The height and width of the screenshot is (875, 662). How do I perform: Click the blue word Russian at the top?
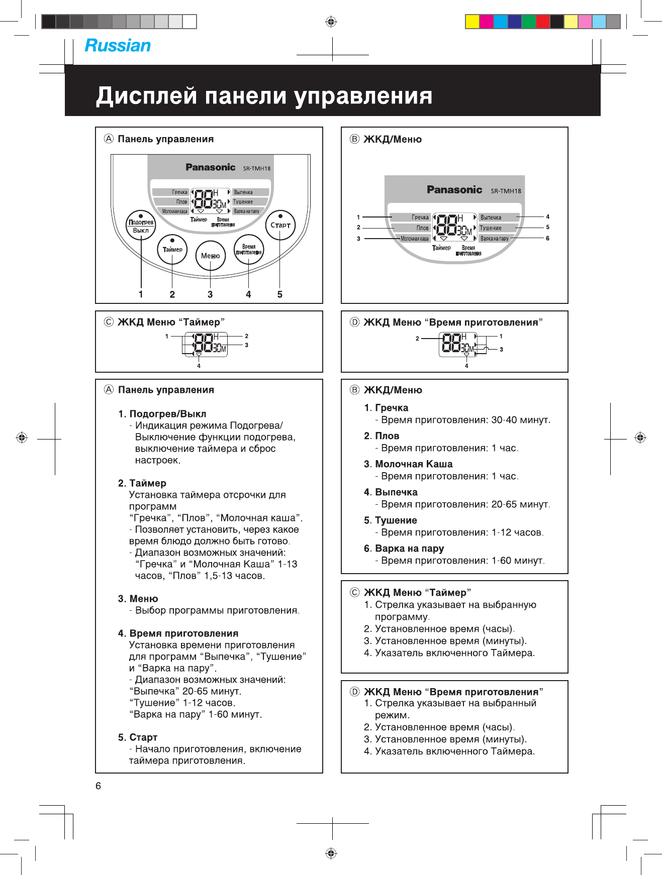118,46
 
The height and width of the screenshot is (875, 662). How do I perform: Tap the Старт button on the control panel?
280,225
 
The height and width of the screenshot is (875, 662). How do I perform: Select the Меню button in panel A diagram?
210,256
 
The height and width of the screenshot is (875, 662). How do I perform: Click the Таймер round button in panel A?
172,250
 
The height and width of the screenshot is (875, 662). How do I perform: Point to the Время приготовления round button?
249,250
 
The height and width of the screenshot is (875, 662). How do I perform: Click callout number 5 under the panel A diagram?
280,295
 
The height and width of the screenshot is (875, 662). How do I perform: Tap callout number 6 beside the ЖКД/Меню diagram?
548,238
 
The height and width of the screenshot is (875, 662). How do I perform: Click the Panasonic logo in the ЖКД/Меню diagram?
454,190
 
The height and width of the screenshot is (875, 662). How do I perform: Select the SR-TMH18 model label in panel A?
257,169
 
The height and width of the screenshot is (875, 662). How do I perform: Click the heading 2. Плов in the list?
382,436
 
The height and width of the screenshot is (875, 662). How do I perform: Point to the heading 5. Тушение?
391,520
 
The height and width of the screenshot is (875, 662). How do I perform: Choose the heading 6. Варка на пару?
404,549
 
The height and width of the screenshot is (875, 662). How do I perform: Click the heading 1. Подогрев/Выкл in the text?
162,414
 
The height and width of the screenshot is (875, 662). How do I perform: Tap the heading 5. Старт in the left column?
138,737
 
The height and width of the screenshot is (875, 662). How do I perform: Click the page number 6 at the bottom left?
99,786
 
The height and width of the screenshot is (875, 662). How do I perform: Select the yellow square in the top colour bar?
472,22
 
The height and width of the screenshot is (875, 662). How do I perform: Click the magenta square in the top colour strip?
486,22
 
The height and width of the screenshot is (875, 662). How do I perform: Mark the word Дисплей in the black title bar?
146,95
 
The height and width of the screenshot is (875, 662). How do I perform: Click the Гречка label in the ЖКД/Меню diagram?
420,217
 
